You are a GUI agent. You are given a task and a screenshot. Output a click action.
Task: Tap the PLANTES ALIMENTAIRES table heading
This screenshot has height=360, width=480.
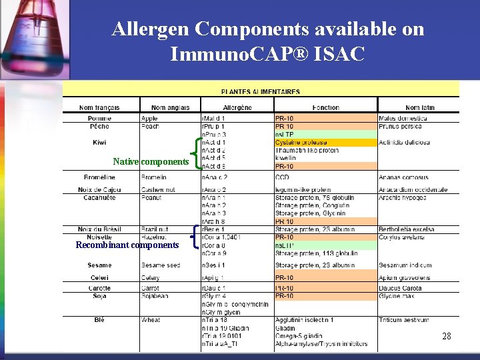260,91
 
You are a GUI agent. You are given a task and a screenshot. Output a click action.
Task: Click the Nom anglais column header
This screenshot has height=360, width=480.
170,107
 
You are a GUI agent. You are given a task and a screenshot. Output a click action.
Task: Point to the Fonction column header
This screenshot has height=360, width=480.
325,107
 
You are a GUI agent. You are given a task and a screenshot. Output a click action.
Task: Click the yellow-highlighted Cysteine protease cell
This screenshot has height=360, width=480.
301,143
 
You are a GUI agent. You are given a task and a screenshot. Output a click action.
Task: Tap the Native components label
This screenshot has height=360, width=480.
151,161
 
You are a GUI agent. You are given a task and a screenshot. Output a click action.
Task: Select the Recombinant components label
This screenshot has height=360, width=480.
127,245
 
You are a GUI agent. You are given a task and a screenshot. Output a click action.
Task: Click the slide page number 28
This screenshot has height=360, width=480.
447,337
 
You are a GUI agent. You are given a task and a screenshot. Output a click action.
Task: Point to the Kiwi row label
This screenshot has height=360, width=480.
99,143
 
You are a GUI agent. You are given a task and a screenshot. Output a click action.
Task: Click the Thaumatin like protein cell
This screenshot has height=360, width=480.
307,151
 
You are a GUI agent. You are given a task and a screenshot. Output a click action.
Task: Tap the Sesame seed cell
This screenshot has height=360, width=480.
161,265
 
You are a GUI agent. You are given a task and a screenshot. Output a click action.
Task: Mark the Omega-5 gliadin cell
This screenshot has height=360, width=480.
299,336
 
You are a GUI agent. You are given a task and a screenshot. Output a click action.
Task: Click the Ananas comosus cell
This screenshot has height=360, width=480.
404,177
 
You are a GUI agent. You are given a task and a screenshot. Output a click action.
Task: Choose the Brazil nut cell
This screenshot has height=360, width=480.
155,229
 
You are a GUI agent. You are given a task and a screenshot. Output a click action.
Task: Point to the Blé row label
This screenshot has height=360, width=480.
99,320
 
